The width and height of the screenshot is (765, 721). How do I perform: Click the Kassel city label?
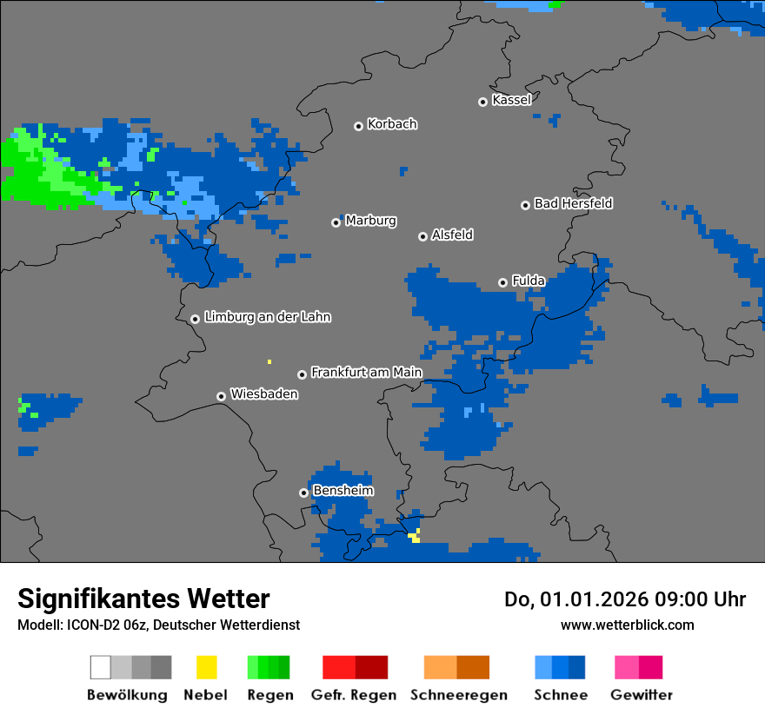pyautogui.click(x=511, y=100)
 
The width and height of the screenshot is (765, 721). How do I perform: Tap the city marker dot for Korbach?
pyautogui.click(x=358, y=126)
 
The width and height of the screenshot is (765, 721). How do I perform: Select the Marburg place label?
pyautogui.click(x=370, y=221)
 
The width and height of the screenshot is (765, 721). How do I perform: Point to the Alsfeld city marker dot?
pyautogui.click(x=422, y=236)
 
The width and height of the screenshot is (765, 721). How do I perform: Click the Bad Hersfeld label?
pyautogui.click(x=573, y=203)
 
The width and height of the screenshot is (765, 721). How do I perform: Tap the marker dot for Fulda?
pyautogui.click(x=502, y=282)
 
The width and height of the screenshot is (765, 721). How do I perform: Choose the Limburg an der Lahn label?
pyautogui.click(x=267, y=317)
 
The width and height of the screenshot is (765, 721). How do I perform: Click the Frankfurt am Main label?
pyautogui.click(x=366, y=373)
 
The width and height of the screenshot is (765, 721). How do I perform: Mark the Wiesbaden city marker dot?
pyautogui.click(x=221, y=396)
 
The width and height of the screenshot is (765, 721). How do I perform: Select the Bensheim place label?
pyautogui.click(x=343, y=491)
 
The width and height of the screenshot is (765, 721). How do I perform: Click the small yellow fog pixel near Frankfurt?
pyautogui.click(x=269, y=361)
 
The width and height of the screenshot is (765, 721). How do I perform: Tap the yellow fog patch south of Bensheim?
pyautogui.click(x=416, y=536)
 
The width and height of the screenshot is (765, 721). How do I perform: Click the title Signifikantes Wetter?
pyautogui.click(x=143, y=599)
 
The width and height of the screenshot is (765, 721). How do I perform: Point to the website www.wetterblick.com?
pyautogui.click(x=627, y=625)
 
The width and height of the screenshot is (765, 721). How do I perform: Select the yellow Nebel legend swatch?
pyautogui.click(x=206, y=667)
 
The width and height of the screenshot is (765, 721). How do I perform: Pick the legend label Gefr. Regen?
pyautogui.click(x=354, y=695)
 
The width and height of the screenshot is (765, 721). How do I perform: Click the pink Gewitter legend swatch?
pyautogui.click(x=627, y=667)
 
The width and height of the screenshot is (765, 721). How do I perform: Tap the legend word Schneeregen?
pyautogui.click(x=457, y=695)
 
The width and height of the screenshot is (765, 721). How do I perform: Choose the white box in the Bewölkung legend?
pyautogui.click(x=101, y=667)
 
